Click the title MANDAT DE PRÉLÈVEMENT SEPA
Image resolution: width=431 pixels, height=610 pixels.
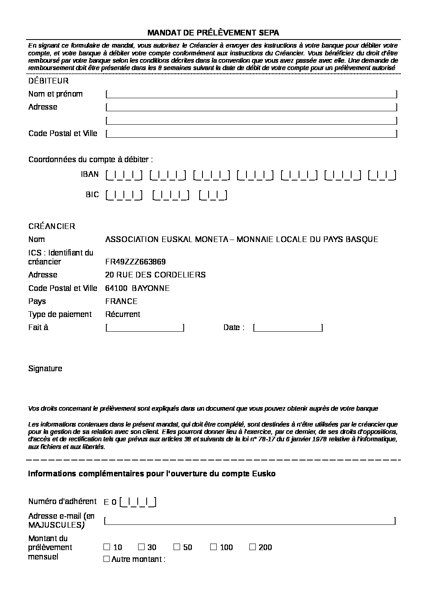click(213, 33)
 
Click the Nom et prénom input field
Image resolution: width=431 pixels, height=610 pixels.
click(251, 94)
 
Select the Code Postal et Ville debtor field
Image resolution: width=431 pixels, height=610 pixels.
click(251, 134)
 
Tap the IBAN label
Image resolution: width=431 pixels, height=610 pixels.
click(90, 174)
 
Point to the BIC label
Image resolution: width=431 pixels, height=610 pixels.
click(92, 195)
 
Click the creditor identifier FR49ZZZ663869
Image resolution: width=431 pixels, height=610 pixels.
click(135, 262)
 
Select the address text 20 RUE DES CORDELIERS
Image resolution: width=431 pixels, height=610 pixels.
click(155, 275)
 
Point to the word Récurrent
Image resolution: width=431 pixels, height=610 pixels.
click(122, 314)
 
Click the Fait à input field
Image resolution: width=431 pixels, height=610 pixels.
click(145, 328)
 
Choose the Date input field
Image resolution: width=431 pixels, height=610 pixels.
click(288, 328)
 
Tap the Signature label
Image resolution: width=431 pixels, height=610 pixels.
click(45, 368)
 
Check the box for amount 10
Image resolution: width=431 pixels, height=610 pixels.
click(107, 547)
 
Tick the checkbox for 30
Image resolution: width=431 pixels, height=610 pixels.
click(141, 547)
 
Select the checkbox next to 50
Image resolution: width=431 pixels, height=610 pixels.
click(177, 547)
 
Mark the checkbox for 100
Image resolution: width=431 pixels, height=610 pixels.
click(213, 547)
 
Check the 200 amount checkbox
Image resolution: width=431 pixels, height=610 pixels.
click(253, 547)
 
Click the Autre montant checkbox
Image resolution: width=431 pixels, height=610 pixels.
click(107, 559)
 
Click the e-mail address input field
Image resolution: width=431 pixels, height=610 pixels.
click(250, 521)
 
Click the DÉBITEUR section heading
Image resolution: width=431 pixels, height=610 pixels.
click(48, 81)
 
